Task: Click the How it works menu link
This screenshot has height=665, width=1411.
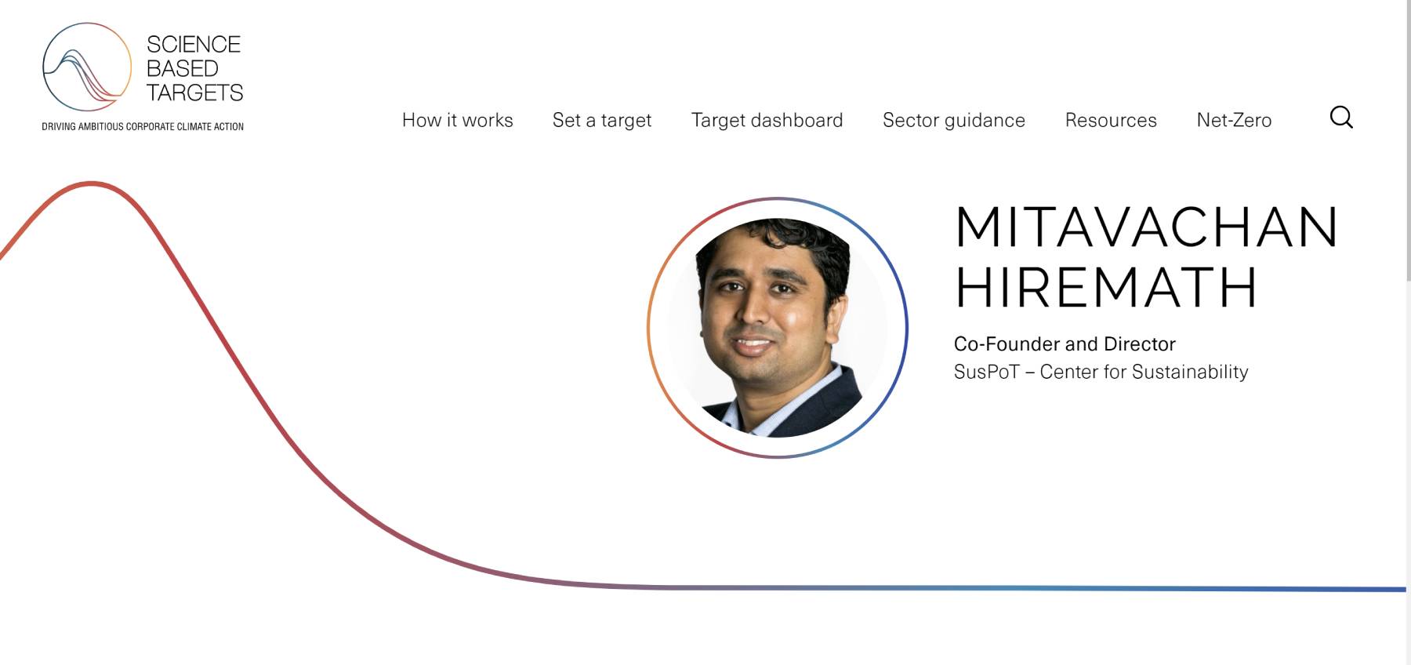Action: pos(457,120)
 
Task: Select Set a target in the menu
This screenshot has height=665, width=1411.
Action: pos(602,120)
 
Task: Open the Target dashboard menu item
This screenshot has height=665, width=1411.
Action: pos(767,120)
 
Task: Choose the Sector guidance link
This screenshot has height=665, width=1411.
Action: pos(954,120)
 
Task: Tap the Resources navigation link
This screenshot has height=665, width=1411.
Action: pos(1111,120)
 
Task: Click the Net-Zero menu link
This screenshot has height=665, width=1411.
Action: pos(1234,120)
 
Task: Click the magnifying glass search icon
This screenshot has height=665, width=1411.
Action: pos(1341,118)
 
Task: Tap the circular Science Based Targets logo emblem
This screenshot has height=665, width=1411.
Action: pos(87,67)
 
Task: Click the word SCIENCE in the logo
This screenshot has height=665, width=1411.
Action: pos(194,45)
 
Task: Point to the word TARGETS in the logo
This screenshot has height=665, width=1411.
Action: pos(195,93)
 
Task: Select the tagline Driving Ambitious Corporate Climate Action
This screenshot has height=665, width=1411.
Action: pos(143,126)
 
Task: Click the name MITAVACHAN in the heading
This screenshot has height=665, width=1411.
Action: pos(1146,227)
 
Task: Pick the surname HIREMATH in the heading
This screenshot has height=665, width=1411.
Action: pos(1106,287)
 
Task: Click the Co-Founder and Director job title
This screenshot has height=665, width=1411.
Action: pos(1065,343)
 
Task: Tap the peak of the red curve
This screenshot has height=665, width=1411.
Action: pos(91,184)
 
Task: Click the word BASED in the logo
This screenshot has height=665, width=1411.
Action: pos(183,69)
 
